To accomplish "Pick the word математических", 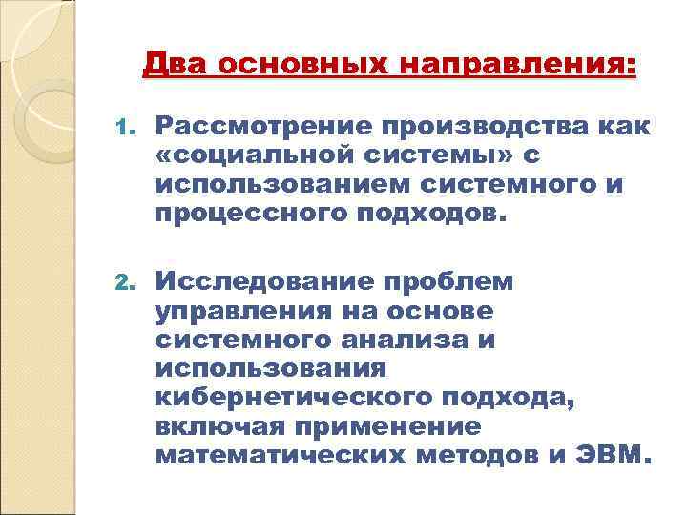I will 278,453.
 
